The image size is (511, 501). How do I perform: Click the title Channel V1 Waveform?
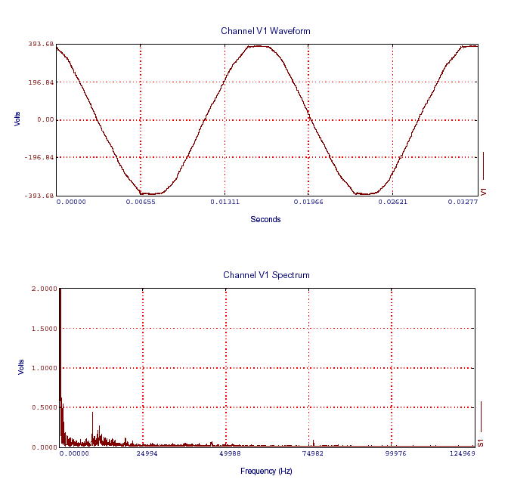[265, 31]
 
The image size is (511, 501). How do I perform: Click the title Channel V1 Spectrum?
[266, 275]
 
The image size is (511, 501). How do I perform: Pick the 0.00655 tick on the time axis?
[141, 203]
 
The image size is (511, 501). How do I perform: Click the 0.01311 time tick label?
[225, 203]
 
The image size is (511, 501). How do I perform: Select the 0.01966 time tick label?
[308, 203]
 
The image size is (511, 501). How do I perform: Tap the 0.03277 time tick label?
[463, 203]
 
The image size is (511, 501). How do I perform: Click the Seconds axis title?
[265, 220]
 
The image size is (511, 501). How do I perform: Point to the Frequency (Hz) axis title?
[266, 471]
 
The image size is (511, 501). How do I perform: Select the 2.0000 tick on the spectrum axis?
[43, 289]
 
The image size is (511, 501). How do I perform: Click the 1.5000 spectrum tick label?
[43, 329]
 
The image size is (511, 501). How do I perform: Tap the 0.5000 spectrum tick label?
[43, 408]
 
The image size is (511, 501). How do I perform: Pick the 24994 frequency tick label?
[143, 454]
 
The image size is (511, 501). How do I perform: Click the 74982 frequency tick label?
[309, 454]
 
